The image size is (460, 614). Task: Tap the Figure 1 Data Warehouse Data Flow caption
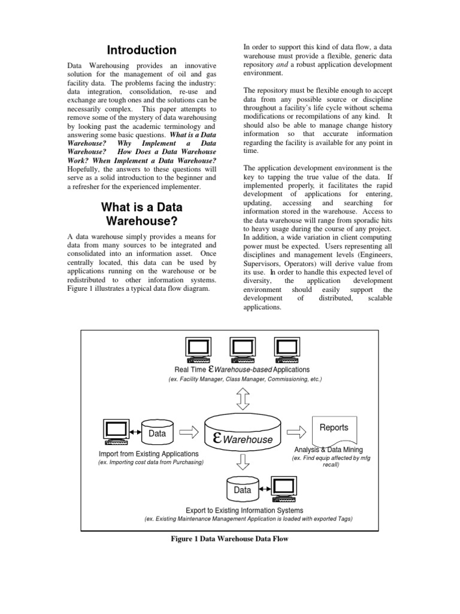230,539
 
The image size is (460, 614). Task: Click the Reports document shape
334,429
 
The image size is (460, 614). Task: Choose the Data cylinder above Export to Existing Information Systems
242,489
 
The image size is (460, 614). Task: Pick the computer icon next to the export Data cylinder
284,489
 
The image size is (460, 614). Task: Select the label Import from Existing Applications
144,454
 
